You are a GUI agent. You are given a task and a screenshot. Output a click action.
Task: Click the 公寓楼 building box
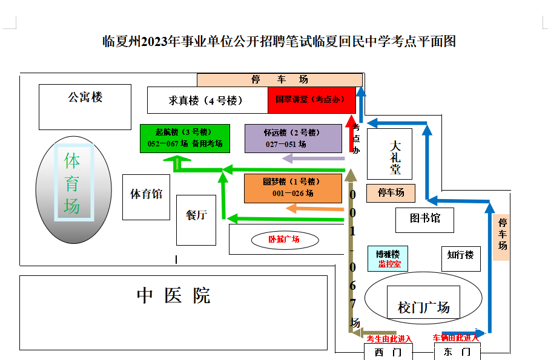85,106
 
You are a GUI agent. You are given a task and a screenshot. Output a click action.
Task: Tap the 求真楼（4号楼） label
206,100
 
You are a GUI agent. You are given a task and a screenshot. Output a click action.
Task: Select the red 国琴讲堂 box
311,100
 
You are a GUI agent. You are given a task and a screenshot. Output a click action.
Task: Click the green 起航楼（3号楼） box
185,138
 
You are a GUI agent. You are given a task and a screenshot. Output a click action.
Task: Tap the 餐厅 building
196,216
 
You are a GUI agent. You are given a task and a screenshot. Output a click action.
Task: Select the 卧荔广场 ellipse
284,240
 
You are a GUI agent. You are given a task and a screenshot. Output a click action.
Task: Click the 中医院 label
173,296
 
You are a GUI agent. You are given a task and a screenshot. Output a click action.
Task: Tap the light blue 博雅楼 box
388,258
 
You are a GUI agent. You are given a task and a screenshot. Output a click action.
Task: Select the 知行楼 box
460,257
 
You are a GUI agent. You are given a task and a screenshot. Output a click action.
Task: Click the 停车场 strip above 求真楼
279,80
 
